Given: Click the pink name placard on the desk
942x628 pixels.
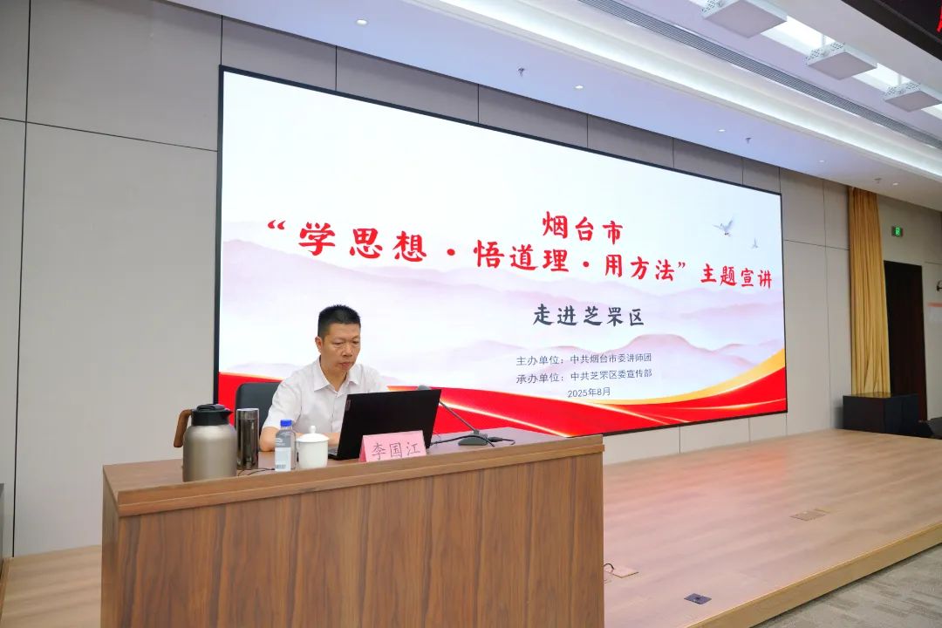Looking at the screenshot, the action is coord(392,447).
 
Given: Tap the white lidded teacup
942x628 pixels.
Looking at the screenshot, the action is coord(312,448).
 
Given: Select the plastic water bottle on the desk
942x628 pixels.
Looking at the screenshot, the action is coord(285,445).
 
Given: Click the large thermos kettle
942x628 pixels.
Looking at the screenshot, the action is coord(208,443).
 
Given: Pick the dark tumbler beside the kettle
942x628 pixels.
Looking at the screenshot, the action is coord(247,439).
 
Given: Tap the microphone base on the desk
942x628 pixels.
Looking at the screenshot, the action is coord(474,440).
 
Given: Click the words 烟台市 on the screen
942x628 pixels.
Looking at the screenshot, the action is coord(582,229).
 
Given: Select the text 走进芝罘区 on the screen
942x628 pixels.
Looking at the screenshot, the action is coord(588,316).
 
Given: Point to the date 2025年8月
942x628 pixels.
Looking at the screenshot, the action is coord(589,392).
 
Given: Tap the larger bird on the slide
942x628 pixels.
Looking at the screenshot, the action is coord(726,227).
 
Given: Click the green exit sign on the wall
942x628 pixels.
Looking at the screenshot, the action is coord(896,230).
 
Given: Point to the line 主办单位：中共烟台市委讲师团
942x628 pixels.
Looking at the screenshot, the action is coord(584,359).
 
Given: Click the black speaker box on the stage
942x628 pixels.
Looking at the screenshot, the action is coord(881,414).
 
